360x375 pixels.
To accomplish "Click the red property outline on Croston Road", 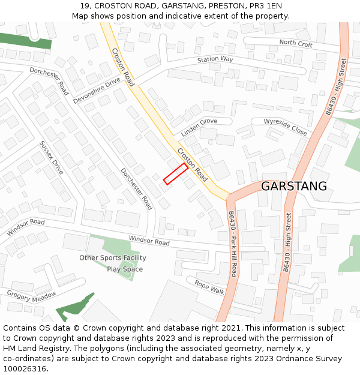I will coord(176,173).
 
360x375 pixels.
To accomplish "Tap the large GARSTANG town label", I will coord(294,186).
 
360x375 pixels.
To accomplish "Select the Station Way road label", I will coord(215,59).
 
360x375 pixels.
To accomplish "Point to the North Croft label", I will coord(296,43).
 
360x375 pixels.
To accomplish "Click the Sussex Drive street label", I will coord(51,158).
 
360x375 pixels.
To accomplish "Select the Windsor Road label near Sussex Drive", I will coord(26,227).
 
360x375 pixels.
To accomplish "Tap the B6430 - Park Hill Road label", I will coord(232,242).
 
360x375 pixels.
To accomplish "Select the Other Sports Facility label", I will coord(113,258).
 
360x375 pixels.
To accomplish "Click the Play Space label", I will coord(125,269).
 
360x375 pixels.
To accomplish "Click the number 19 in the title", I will coord(85,6).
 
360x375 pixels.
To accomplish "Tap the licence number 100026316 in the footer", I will coord(25,369).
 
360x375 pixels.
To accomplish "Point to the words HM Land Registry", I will coord(31,349).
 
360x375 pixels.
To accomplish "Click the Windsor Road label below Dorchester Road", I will coord(149,241).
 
